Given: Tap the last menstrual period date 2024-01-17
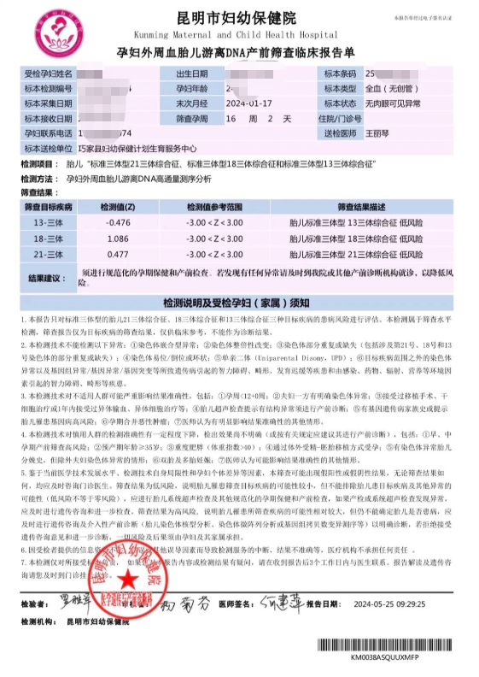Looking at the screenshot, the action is pyautogui.click(x=248, y=103).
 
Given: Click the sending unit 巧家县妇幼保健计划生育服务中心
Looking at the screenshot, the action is pyautogui.click(x=137, y=147).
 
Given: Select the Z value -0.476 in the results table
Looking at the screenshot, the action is pyautogui.click(x=117, y=222).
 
